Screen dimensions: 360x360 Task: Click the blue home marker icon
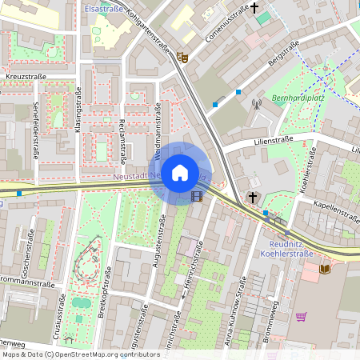point(180,172)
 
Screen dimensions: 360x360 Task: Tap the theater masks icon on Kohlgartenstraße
point(182,57)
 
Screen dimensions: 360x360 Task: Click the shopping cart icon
point(301,317)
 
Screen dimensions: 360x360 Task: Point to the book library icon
point(324,270)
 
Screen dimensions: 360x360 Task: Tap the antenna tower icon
point(257,103)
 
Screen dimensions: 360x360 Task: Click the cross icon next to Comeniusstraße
point(255,9)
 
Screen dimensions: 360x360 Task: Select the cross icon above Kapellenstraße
point(253,197)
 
